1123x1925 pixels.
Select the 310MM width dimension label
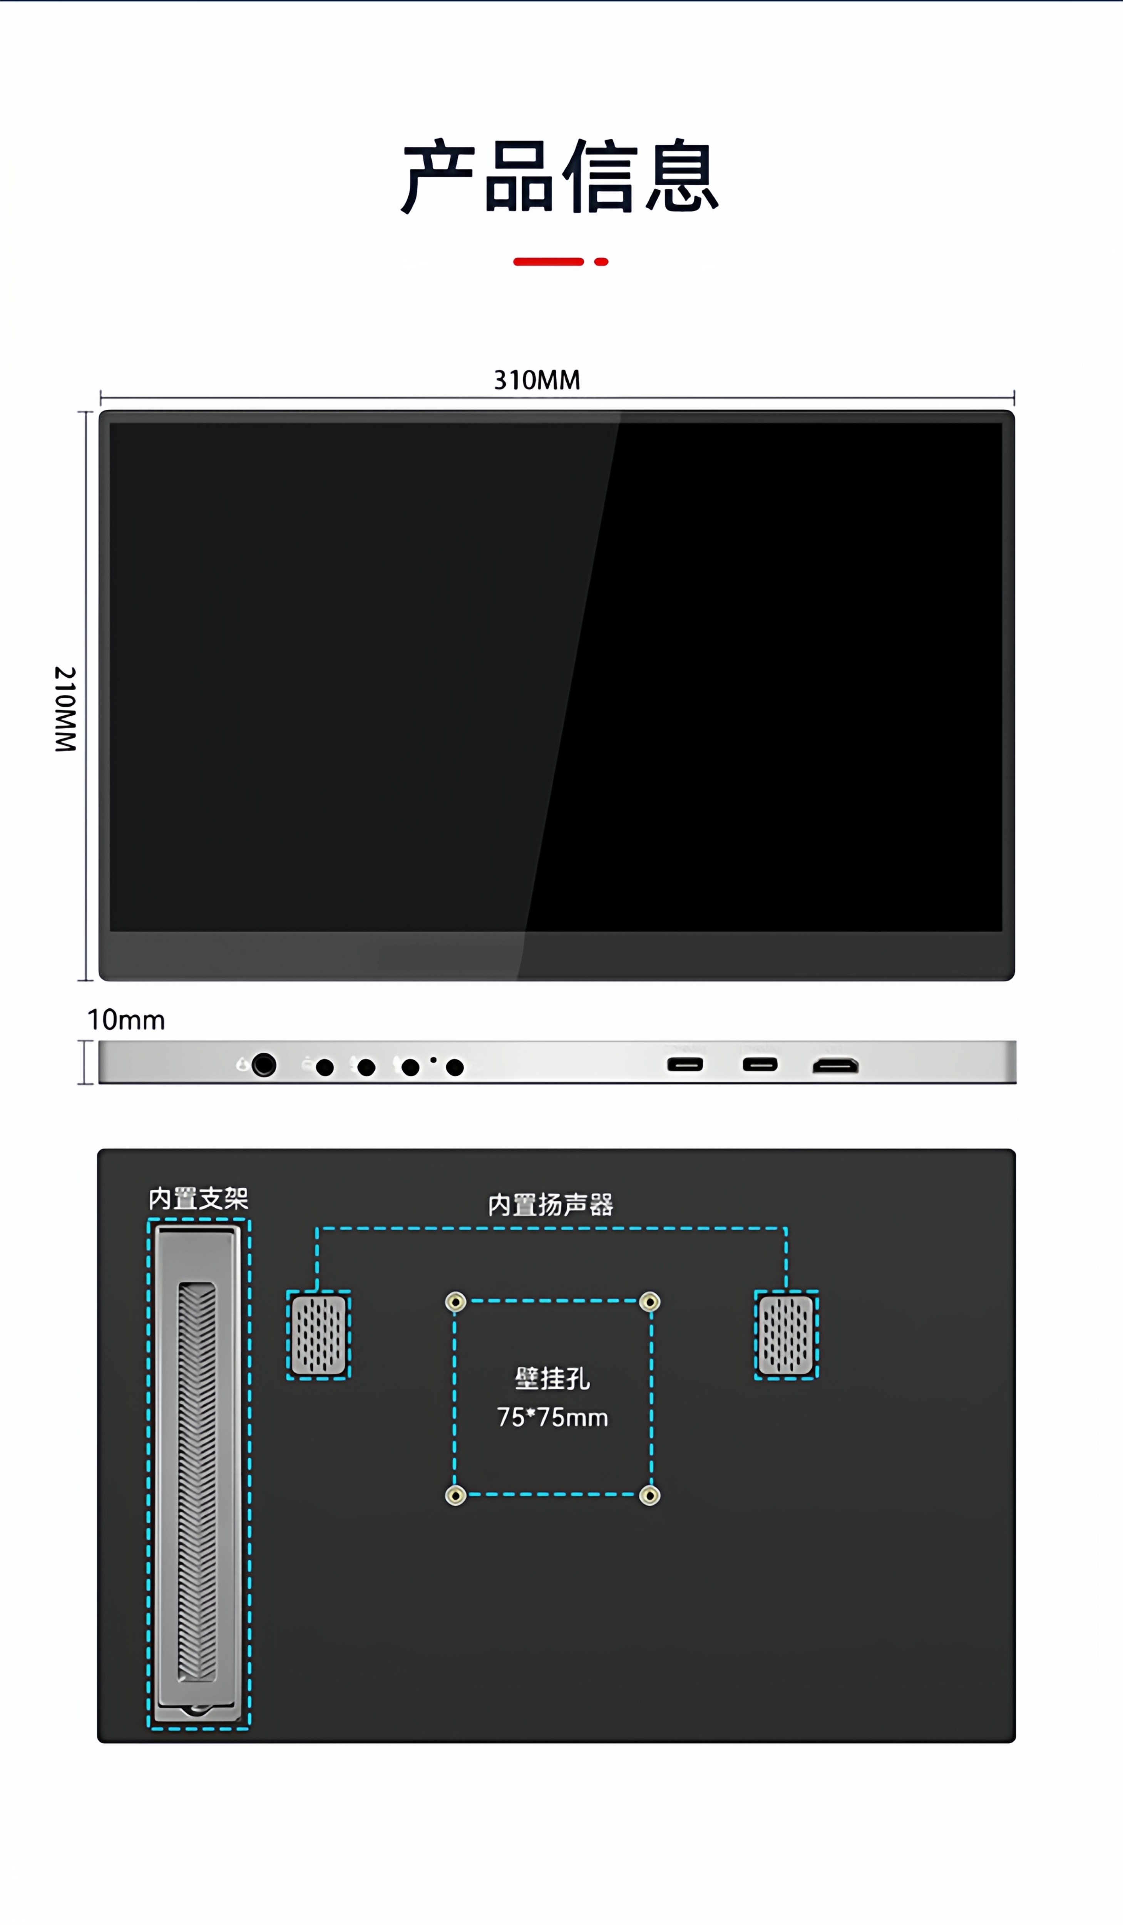[537, 380]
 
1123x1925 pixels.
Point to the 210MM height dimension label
[66, 709]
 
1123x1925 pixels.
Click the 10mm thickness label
[126, 1020]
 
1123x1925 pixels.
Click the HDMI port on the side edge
[835, 1066]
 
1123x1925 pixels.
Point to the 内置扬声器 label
[550, 1205]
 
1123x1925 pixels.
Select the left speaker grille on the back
[318, 1334]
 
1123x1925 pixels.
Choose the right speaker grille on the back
[786, 1334]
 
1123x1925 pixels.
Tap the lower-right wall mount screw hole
[649, 1495]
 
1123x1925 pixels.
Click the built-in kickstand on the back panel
[198, 1474]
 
